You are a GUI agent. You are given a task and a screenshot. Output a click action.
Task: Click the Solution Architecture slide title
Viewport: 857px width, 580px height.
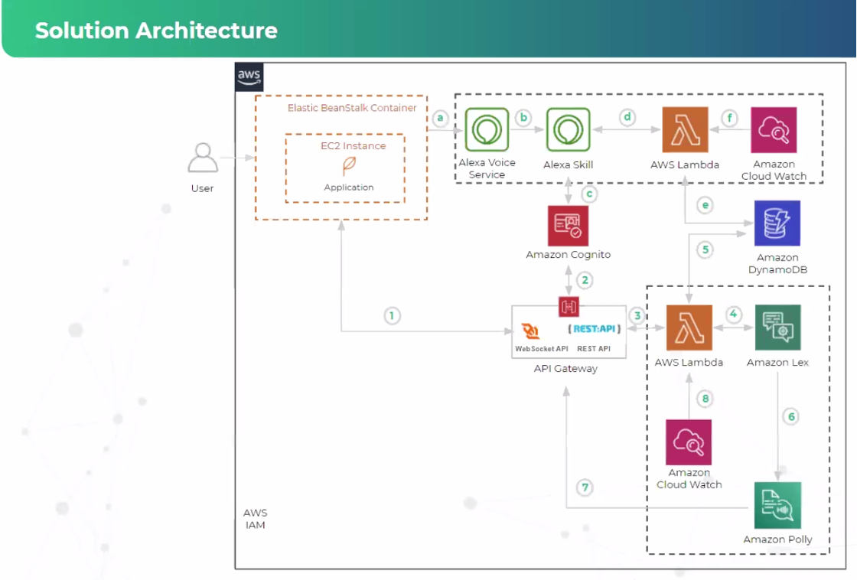[156, 31]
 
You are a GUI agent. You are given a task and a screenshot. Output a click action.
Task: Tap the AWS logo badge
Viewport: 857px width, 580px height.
[249, 77]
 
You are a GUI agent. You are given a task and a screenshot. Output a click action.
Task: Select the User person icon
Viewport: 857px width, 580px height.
[203, 158]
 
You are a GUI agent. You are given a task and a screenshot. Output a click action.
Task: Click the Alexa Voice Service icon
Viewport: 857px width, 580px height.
[487, 130]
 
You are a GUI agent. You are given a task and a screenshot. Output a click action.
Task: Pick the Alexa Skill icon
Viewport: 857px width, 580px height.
[568, 130]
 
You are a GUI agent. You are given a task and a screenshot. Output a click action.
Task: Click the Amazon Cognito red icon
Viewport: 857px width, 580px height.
[569, 226]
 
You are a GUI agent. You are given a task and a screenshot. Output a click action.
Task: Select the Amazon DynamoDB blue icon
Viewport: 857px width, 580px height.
[777, 223]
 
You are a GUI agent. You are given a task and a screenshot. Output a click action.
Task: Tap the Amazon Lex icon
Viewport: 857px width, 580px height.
[777, 328]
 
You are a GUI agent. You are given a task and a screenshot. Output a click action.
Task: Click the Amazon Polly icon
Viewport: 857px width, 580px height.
[777, 505]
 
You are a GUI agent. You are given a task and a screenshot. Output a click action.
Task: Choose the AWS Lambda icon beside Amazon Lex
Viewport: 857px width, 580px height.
[689, 328]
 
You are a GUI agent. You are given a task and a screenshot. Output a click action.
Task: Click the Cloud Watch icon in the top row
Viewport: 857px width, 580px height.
[774, 130]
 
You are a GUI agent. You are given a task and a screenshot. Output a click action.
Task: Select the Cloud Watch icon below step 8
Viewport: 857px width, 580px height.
[689, 442]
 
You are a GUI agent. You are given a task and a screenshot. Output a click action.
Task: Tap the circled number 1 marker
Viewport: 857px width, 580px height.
[392, 315]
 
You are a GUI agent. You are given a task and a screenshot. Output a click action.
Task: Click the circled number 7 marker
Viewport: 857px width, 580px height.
[585, 487]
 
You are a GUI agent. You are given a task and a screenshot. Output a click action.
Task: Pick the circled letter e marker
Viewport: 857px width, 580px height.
[705, 205]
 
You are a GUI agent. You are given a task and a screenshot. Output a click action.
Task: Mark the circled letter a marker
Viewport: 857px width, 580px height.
[440, 118]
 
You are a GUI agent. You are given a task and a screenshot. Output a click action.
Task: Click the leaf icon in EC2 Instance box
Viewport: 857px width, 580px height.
[348, 166]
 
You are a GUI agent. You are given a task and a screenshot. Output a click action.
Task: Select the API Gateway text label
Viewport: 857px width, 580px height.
[565, 369]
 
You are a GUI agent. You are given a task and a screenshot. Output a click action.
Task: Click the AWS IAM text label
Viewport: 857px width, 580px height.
[255, 519]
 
